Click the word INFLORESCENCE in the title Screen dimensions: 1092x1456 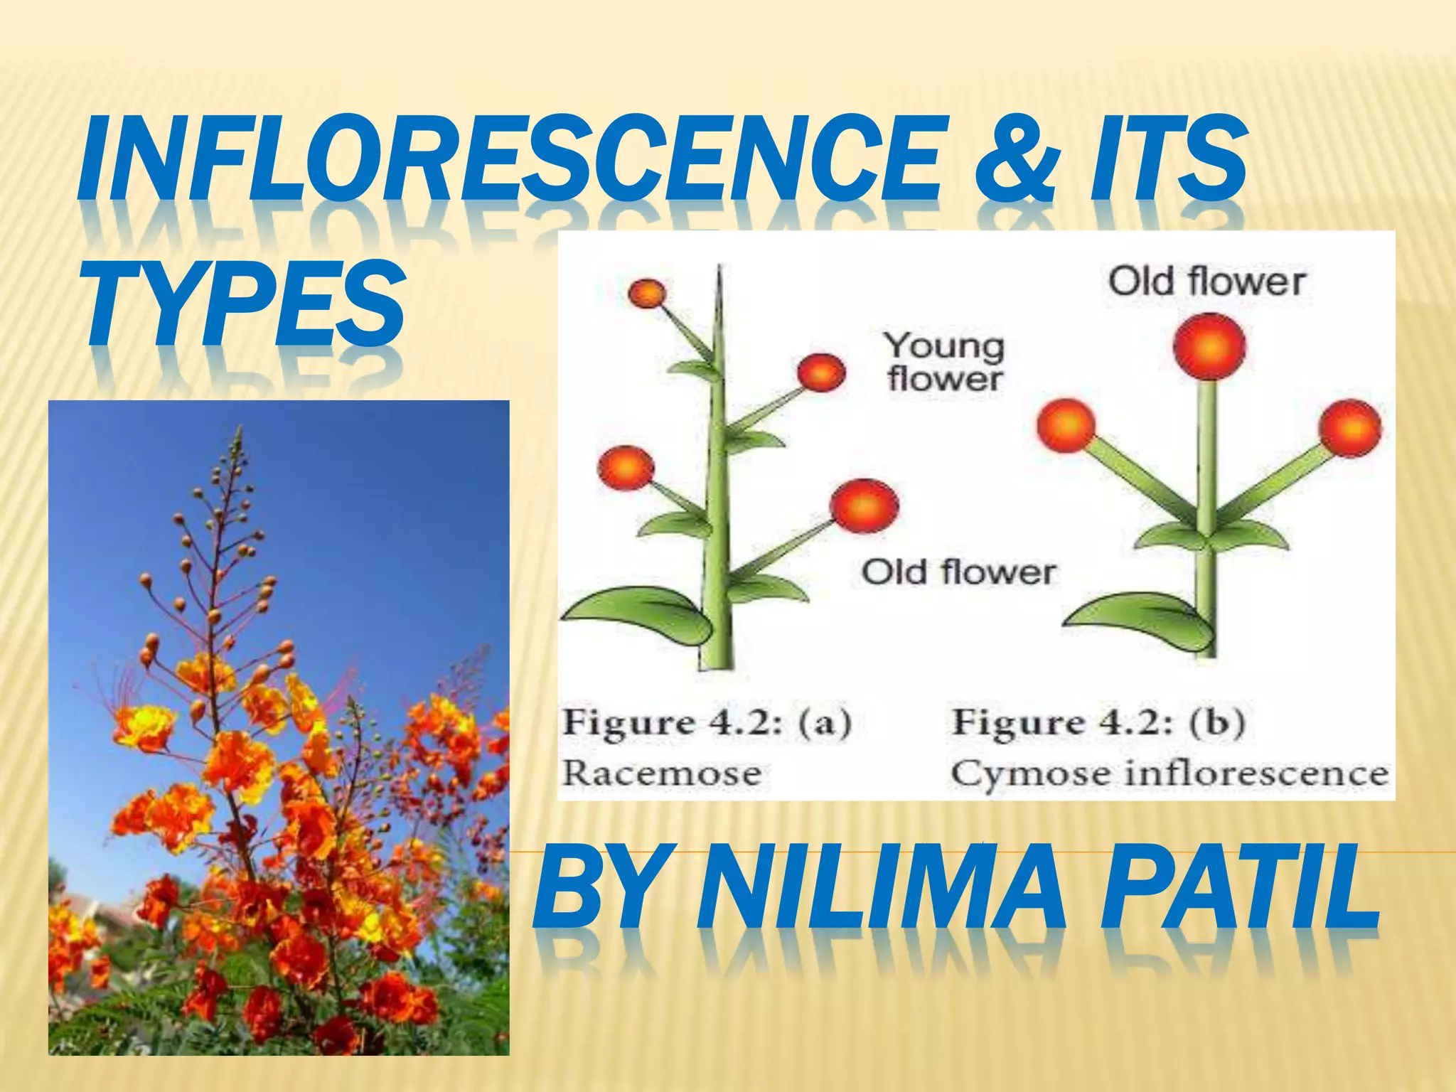click(x=508, y=160)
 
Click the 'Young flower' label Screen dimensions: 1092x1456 click(x=945, y=362)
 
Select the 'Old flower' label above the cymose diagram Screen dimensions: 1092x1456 click(x=1206, y=282)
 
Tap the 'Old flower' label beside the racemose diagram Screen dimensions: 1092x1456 click(x=958, y=572)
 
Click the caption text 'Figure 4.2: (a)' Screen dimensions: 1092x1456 click(x=707, y=723)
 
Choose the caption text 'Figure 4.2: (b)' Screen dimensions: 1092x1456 click(x=1098, y=723)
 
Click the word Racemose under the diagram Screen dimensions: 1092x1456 click(x=661, y=773)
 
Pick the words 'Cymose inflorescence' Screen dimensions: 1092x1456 click(x=1169, y=773)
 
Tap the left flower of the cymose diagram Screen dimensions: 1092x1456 click(x=1066, y=426)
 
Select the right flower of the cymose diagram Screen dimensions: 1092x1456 click(x=1350, y=429)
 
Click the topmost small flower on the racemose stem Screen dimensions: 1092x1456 click(x=647, y=292)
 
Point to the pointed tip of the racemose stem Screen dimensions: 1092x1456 click(x=719, y=269)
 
